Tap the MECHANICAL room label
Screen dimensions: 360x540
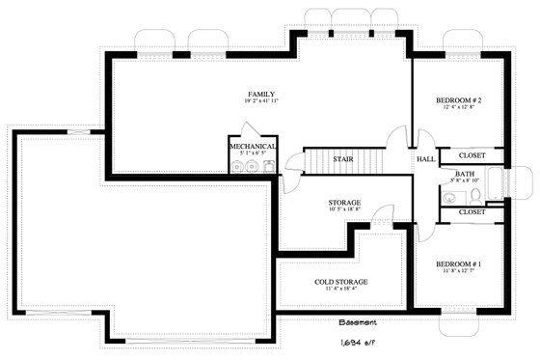coord(253,147)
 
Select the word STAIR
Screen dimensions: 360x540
coord(341,159)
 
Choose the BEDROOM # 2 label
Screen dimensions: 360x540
coord(459,100)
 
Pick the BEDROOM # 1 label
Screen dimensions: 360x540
coord(459,263)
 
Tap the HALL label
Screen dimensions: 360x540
coord(425,159)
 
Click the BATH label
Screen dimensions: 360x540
coord(465,174)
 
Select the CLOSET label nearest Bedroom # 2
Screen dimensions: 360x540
coord(472,154)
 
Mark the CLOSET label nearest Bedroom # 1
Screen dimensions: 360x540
coord(472,211)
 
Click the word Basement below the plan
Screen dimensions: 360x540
coord(358,322)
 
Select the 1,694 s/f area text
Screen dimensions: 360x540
coord(358,342)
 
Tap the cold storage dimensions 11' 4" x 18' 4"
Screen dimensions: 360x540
coord(341,290)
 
